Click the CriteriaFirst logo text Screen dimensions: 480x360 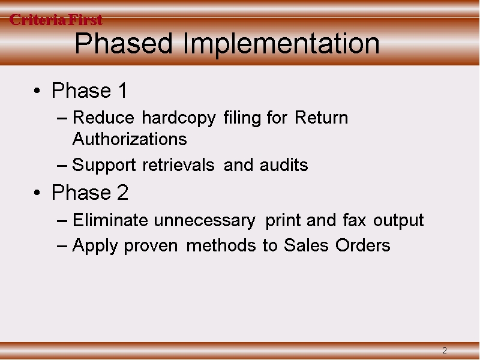[x=56, y=20]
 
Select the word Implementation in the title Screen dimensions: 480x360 [x=281, y=44]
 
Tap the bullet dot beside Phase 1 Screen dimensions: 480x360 [x=37, y=91]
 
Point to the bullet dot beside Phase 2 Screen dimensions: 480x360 [x=37, y=193]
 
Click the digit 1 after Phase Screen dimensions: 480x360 [x=123, y=91]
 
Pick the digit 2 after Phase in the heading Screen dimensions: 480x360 [x=122, y=192]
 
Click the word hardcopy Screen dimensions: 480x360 [x=179, y=118]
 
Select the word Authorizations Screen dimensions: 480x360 [x=130, y=139]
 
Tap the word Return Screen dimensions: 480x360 [x=322, y=118]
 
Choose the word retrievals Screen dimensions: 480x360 [x=178, y=164]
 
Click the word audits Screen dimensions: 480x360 [x=284, y=164]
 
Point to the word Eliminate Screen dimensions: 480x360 [x=110, y=220]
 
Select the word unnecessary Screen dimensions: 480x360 [x=205, y=221]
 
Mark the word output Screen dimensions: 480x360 [x=398, y=221]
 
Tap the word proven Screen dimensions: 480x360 [x=151, y=247]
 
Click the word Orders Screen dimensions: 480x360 [x=363, y=245]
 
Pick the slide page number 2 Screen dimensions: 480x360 [x=445, y=350]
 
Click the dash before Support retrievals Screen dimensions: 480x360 [x=62, y=166]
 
